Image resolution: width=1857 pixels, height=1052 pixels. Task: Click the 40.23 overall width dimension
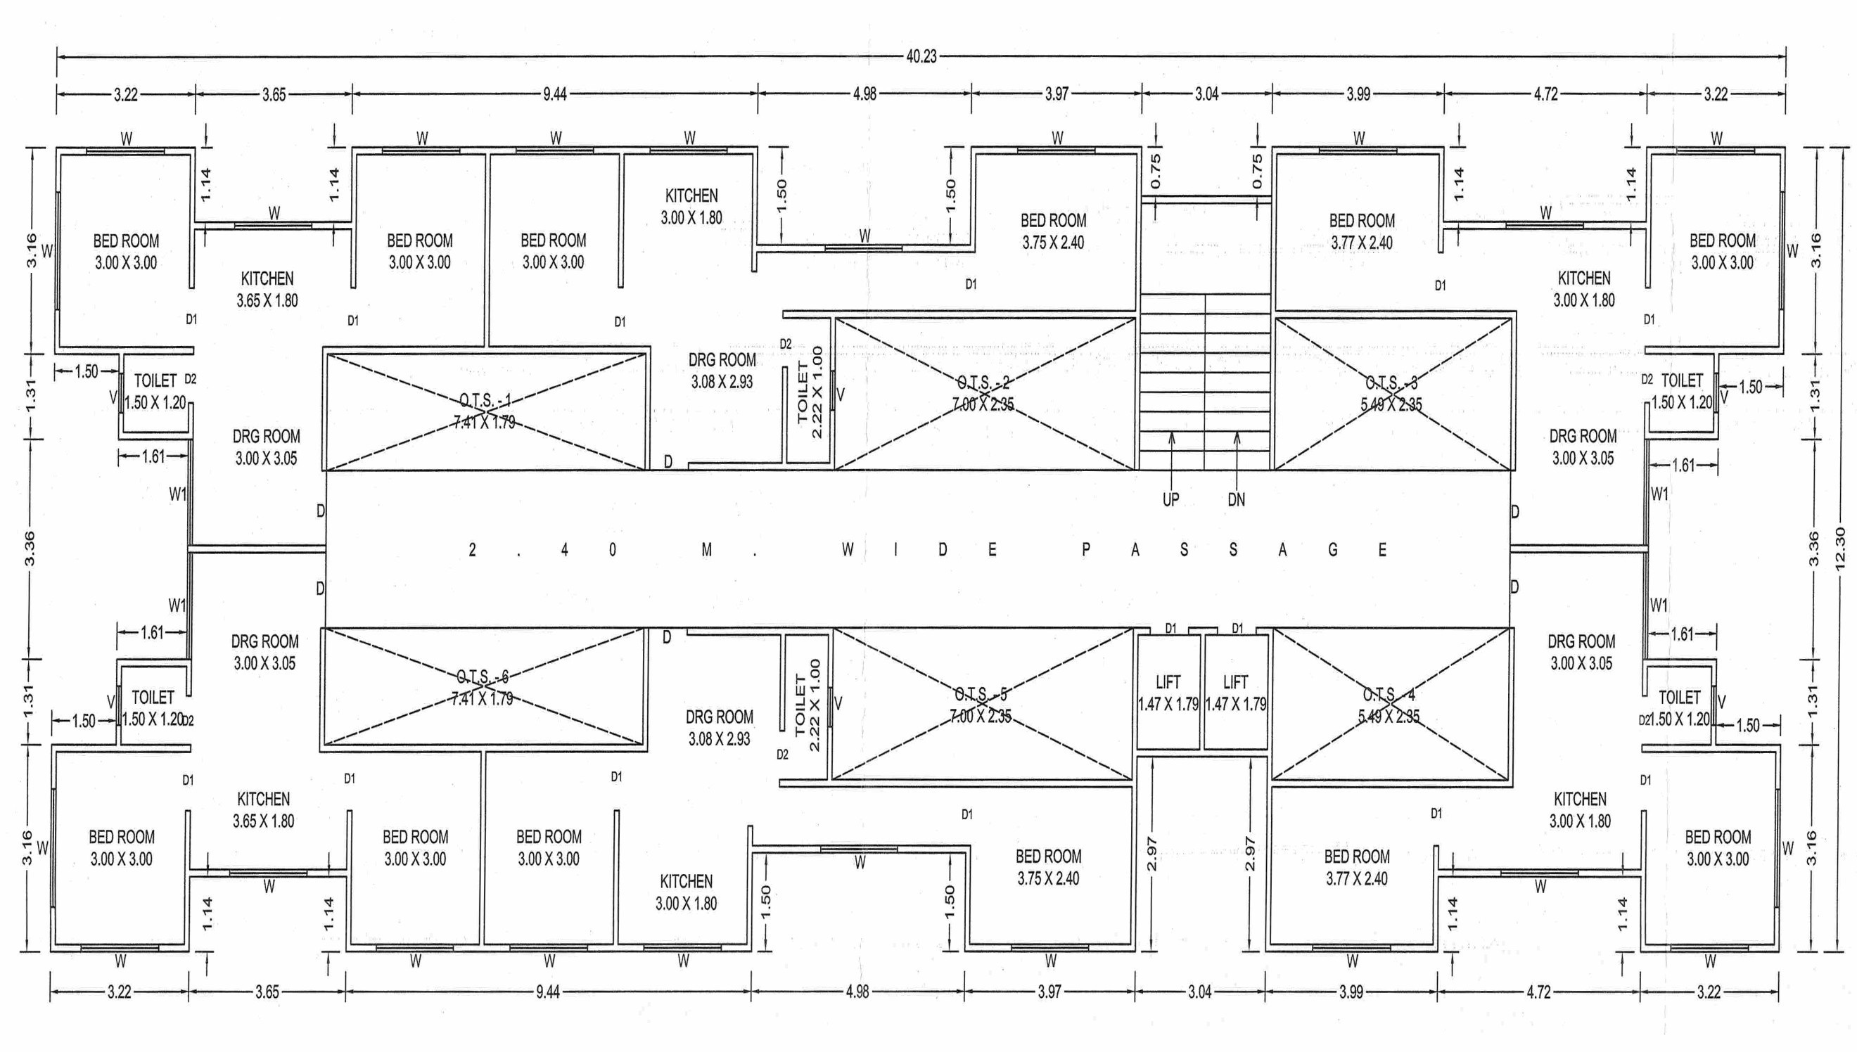point(921,56)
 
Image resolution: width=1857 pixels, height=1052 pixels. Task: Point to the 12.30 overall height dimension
point(1839,549)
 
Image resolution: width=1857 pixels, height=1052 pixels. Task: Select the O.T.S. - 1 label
point(485,400)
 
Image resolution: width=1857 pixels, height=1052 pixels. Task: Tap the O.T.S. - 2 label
point(983,383)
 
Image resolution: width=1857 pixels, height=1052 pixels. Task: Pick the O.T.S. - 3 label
point(1391,383)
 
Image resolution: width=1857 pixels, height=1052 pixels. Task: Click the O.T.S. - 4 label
point(1389,695)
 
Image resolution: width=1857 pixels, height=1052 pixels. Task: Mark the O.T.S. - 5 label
point(981,695)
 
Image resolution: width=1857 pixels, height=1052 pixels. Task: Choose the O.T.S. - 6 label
point(482,677)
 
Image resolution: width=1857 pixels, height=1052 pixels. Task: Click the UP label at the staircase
point(1170,499)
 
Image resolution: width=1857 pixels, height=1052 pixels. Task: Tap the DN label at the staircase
point(1237,499)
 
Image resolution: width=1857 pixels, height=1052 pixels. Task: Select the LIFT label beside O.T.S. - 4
point(1236,682)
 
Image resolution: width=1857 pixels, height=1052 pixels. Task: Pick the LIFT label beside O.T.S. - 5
point(1168,682)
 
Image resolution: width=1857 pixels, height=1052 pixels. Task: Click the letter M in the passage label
point(707,550)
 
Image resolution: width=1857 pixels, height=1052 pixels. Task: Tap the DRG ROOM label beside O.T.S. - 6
point(264,641)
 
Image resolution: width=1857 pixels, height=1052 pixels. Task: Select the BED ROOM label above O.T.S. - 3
point(1362,220)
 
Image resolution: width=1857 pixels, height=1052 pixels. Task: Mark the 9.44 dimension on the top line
point(555,94)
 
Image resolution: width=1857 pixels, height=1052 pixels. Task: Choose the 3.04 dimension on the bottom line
point(1199,992)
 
